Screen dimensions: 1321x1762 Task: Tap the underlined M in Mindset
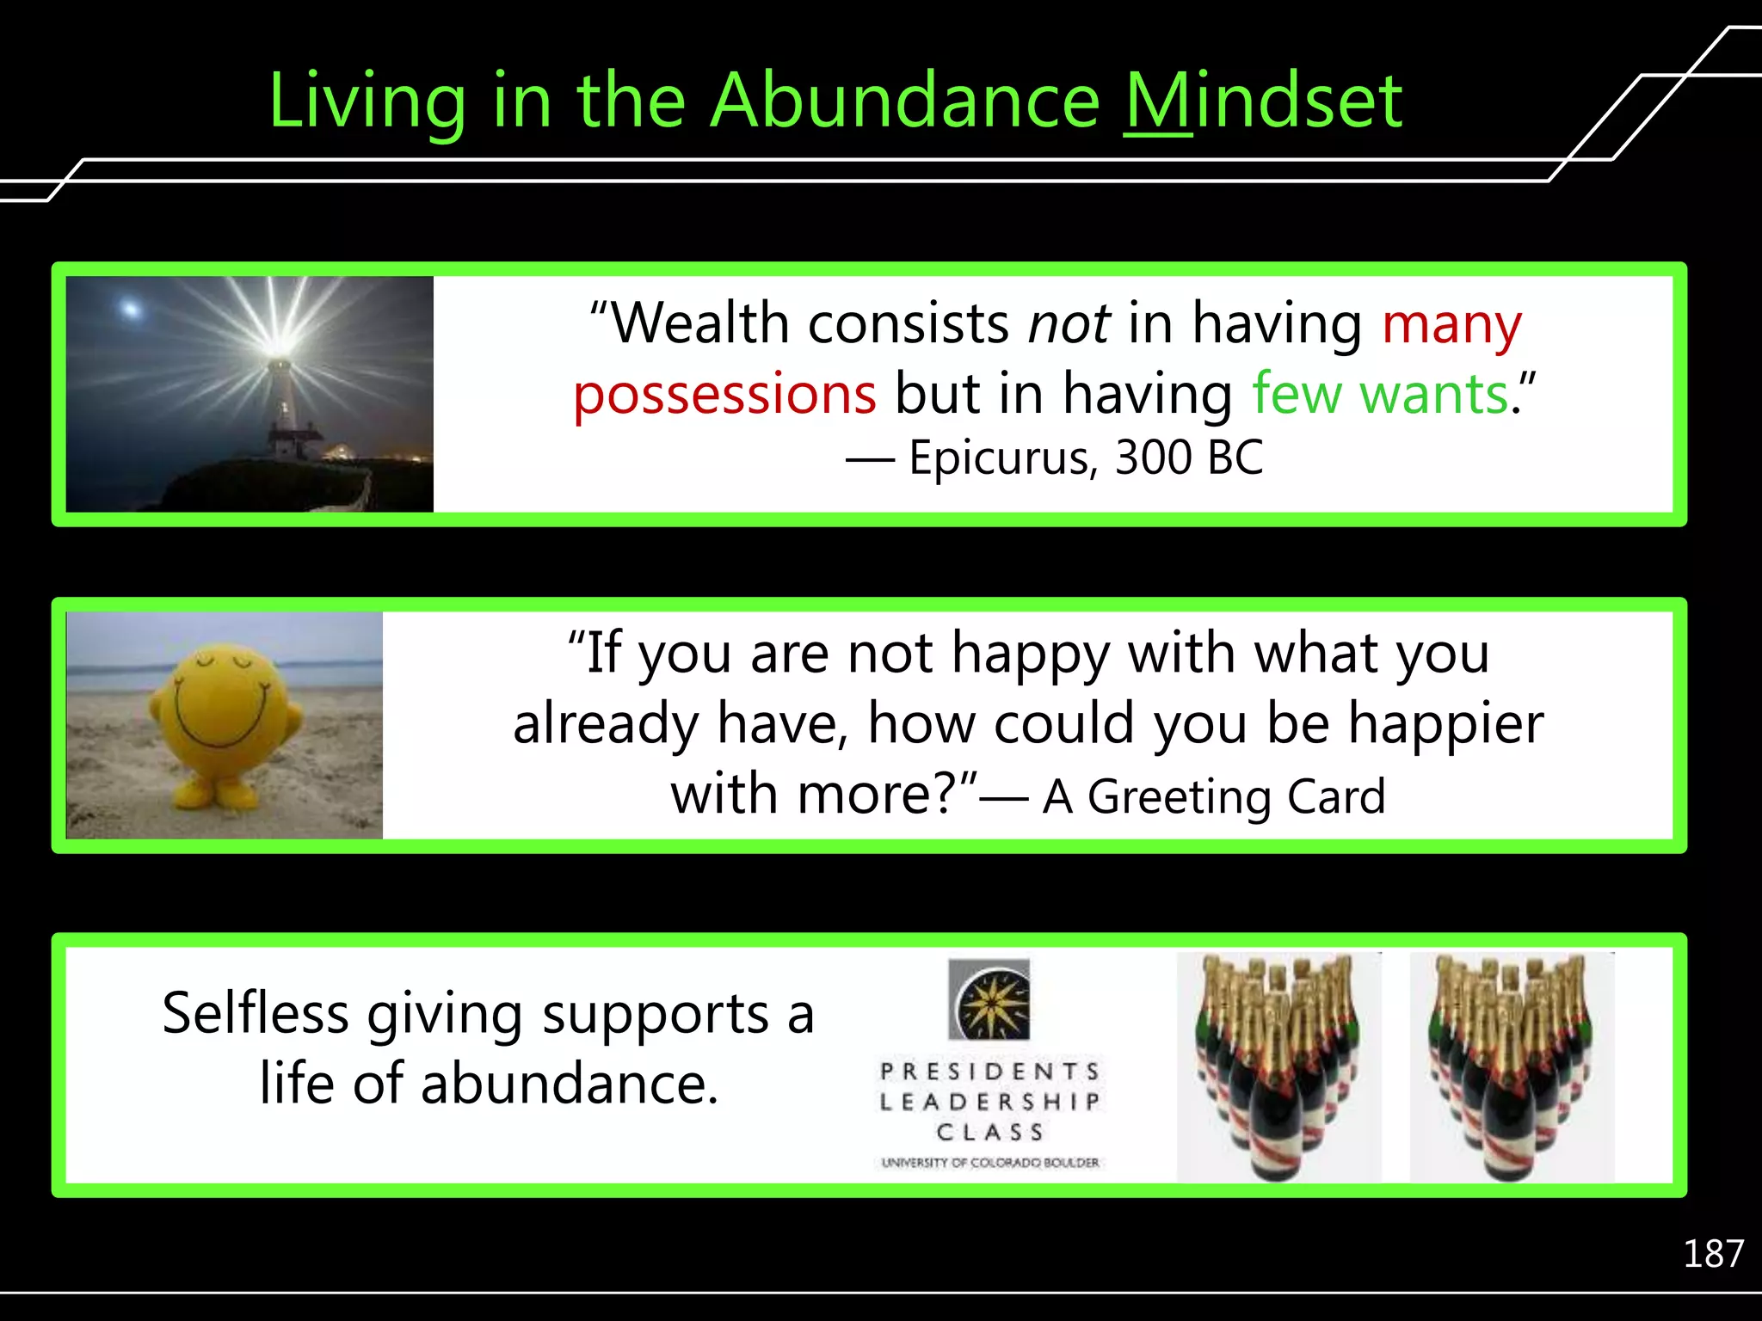pos(1158,101)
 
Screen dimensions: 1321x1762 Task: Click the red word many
pos(1451,325)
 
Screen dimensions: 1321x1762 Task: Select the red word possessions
pos(724,395)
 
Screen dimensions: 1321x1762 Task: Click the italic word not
pos(1069,325)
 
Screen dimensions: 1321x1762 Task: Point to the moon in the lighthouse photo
pos(131,308)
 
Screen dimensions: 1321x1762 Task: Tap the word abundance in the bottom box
pos(569,1084)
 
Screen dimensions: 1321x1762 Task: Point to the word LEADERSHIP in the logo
pos(989,1102)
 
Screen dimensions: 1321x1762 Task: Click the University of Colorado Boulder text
pos(989,1163)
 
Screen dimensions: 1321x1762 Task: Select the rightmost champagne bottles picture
pos(1511,1066)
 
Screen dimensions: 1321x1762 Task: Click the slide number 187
pos(1712,1255)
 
